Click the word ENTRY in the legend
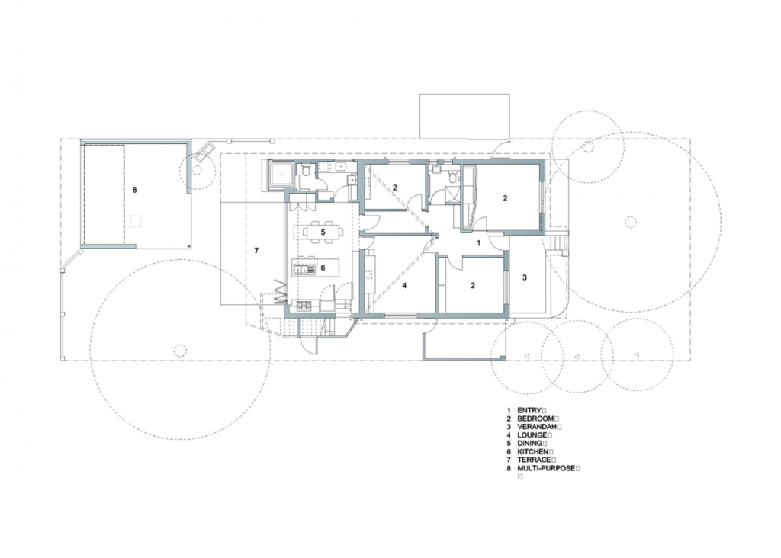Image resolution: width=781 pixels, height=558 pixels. coord(529,411)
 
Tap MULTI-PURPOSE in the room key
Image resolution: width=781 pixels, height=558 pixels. coord(546,468)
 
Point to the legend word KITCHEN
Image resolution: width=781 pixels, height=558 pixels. coord(533,452)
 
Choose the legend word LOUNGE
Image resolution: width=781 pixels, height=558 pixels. coord(532,435)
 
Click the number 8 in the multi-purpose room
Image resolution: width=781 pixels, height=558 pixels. coord(134,190)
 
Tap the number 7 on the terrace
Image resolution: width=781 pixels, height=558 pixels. coord(256,251)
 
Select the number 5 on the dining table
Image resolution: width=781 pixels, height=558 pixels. coord(323,232)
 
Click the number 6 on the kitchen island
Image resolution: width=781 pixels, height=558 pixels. coord(323,268)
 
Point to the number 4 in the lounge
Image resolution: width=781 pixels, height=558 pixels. coord(404,286)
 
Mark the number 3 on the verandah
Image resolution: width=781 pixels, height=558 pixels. coord(525,277)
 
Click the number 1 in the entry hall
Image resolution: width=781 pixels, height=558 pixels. coord(479,243)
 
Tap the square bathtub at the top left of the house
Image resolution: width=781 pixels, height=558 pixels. coord(281,175)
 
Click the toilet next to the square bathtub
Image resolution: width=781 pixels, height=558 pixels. coord(307,171)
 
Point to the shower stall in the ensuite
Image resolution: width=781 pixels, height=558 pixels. coord(453,194)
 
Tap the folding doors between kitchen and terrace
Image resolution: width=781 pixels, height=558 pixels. coord(280,292)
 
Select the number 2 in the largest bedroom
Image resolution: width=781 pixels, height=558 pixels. coord(505,198)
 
